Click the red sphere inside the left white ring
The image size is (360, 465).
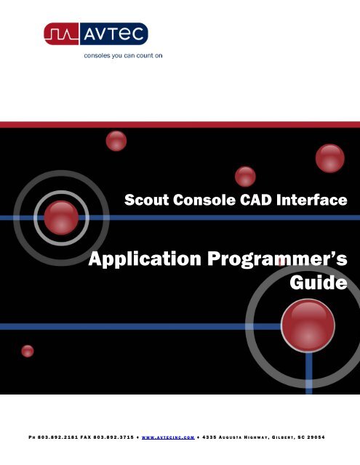[61, 214]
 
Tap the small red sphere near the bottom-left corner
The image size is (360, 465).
[28, 351]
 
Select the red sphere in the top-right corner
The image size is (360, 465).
[329, 155]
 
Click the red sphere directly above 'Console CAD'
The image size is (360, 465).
[246, 176]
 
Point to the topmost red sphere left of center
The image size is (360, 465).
[116, 141]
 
